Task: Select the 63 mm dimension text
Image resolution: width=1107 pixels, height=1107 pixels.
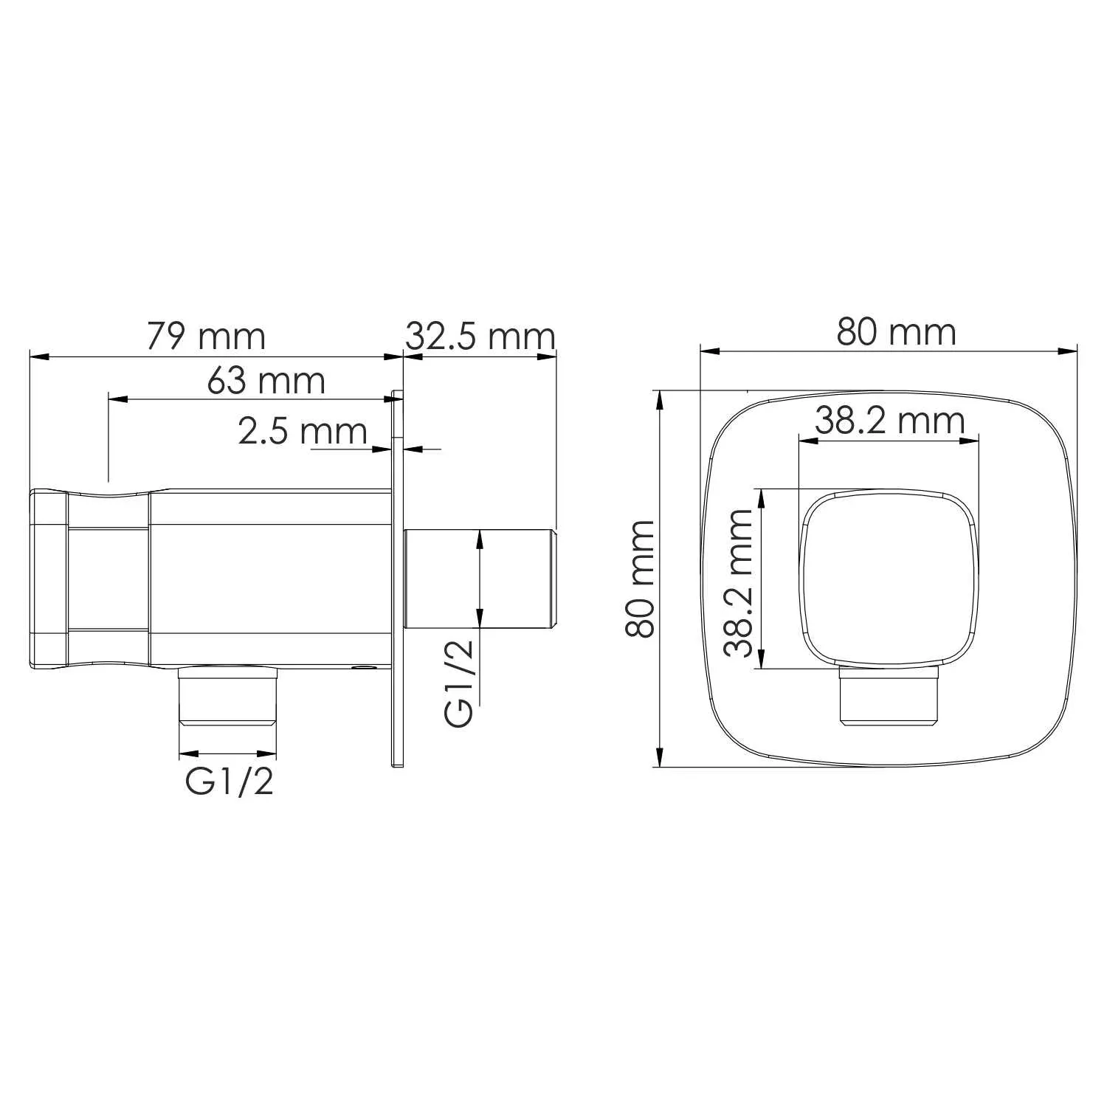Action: (x=266, y=380)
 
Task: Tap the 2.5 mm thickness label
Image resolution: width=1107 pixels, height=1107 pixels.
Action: (x=303, y=431)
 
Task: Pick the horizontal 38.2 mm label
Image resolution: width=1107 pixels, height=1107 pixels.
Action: (x=890, y=421)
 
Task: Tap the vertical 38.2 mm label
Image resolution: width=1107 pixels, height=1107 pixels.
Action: (x=739, y=582)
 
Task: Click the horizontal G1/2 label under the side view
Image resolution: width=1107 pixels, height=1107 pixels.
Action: (x=230, y=782)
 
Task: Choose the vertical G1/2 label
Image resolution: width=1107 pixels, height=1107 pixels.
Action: (x=459, y=683)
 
